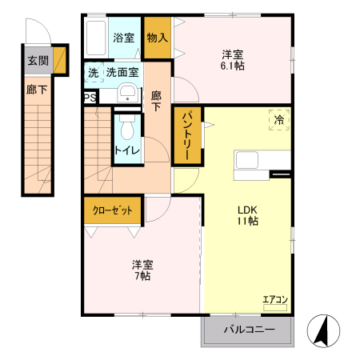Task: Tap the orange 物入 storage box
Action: coord(157,37)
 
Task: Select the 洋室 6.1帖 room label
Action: coord(233,61)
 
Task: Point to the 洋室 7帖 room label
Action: coord(142,270)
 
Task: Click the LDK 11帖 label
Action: coord(246,216)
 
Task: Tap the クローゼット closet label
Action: coord(113,210)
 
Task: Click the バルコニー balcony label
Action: coord(248,330)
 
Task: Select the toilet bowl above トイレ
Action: coord(126,128)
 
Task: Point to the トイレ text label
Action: coord(126,150)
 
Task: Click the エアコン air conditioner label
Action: coord(274,301)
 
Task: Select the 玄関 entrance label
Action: coord(37,61)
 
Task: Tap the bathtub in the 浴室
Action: coord(94,38)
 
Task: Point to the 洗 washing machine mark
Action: coord(92,72)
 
